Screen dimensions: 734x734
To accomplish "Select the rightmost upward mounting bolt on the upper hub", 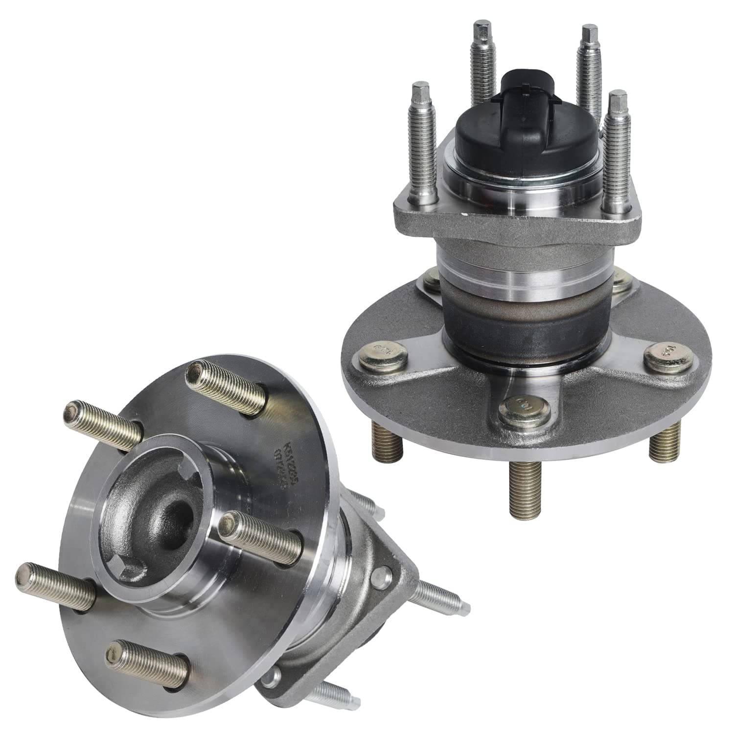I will pos(618,142).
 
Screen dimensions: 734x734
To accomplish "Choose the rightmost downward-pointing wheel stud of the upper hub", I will pos(663,440).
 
